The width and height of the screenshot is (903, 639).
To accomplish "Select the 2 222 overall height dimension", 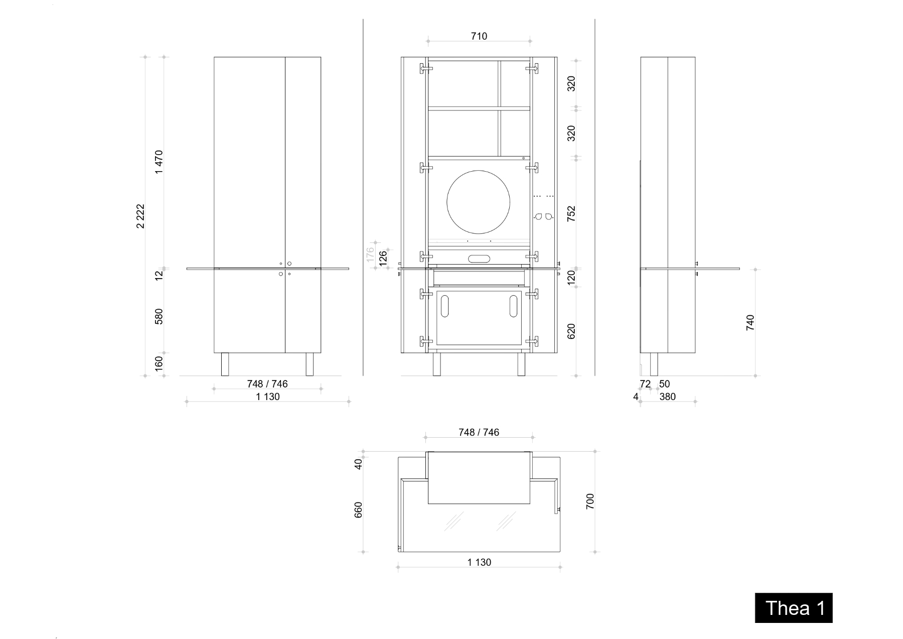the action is pos(141,216).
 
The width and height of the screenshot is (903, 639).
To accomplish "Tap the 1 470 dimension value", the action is pos(159,162).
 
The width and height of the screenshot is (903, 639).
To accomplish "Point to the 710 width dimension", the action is pos(479,36).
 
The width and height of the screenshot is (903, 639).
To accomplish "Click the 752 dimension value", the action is pos(571,213).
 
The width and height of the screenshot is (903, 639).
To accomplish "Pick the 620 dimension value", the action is pos(571,331).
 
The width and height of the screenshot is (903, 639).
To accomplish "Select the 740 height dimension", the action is pos(750,322).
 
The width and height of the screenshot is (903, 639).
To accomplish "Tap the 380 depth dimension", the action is pos(668,397).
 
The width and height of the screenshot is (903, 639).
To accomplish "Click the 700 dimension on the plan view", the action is pos(590,501).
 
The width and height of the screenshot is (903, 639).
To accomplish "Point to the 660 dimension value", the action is pos(358,509).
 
